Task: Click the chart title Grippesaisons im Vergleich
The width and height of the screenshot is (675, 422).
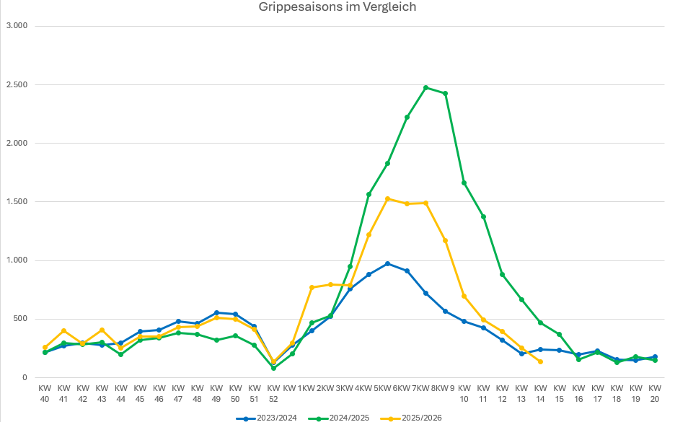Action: tap(337, 7)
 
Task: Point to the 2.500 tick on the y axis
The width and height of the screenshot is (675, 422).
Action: tap(16, 84)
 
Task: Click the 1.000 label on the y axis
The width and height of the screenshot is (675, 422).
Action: tap(16, 260)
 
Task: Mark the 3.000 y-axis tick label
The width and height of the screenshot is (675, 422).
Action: tap(16, 26)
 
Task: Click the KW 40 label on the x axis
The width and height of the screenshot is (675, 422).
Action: tap(45, 393)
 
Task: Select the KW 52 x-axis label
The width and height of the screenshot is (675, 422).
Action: tap(273, 393)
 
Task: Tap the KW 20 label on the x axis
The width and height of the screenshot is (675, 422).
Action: tap(655, 393)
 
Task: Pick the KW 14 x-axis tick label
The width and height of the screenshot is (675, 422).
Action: tap(540, 393)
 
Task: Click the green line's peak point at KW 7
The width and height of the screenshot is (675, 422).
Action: tap(426, 88)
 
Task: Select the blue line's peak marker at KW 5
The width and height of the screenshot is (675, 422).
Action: tap(388, 264)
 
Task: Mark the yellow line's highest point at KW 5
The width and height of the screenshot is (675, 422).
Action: tap(388, 198)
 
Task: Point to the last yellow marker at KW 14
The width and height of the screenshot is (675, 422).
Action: tap(540, 361)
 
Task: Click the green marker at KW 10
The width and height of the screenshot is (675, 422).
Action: tap(464, 183)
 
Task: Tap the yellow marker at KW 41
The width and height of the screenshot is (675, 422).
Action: tap(63, 330)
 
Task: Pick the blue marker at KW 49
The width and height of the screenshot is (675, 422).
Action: tap(216, 313)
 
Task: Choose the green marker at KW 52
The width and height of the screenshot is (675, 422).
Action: tap(273, 368)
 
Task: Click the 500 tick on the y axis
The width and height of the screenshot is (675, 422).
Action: tap(19, 319)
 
